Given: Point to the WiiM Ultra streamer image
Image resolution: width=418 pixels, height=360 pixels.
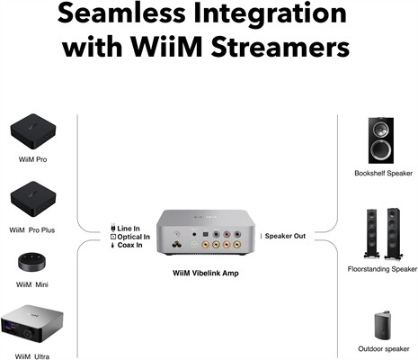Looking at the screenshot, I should [x=34, y=325].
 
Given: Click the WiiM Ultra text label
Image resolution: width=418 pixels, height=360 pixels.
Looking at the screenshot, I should [x=34, y=354].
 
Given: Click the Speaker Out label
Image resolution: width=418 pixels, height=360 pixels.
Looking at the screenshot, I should [x=286, y=236].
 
